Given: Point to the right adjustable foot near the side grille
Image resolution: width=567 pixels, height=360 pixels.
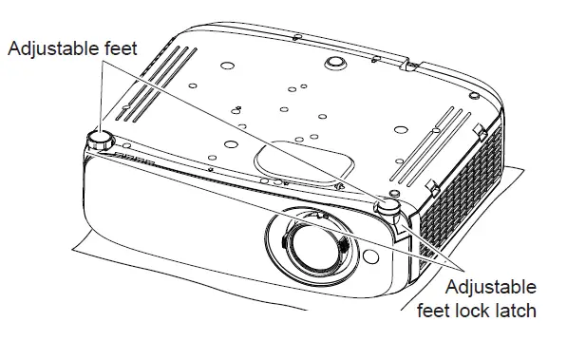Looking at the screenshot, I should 388,205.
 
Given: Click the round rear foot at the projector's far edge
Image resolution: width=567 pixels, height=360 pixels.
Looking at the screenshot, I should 334,60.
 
